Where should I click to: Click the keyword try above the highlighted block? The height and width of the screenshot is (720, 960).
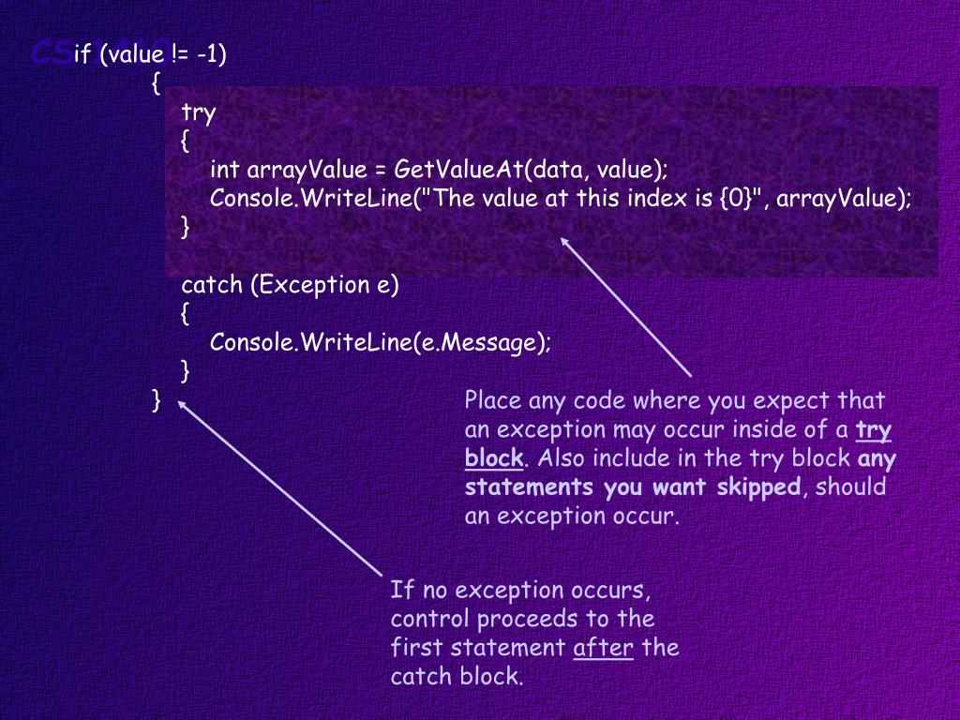(199, 113)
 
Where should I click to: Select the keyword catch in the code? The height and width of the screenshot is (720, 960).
(213, 285)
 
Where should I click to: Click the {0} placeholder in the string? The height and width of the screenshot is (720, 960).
(738, 199)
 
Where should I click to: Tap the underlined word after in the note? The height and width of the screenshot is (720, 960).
(603, 648)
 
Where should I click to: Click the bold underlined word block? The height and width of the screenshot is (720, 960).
(494, 458)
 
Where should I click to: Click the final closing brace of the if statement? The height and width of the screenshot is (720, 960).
(157, 400)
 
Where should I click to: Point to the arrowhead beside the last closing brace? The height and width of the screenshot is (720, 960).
(182, 403)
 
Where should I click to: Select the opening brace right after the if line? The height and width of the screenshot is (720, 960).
(156, 83)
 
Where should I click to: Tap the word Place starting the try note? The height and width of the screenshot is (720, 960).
(493, 401)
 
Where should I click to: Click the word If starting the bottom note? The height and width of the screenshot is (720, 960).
(401, 591)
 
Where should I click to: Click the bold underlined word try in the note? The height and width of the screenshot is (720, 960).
(874, 430)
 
